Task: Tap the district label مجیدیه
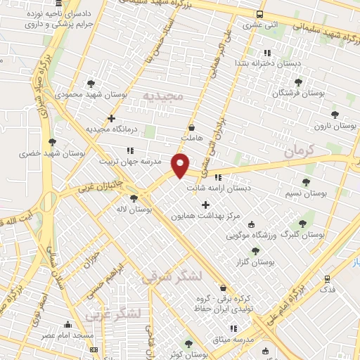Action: pyautogui.click(x=162, y=95)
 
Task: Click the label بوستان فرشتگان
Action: pyautogui.click(x=300, y=92)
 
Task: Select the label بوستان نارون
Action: pyautogui.click(x=331, y=125)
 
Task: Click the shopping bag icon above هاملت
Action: pyautogui.click(x=192, y=127)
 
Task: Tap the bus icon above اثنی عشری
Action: pyautogui.click(x=260, y=14)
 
